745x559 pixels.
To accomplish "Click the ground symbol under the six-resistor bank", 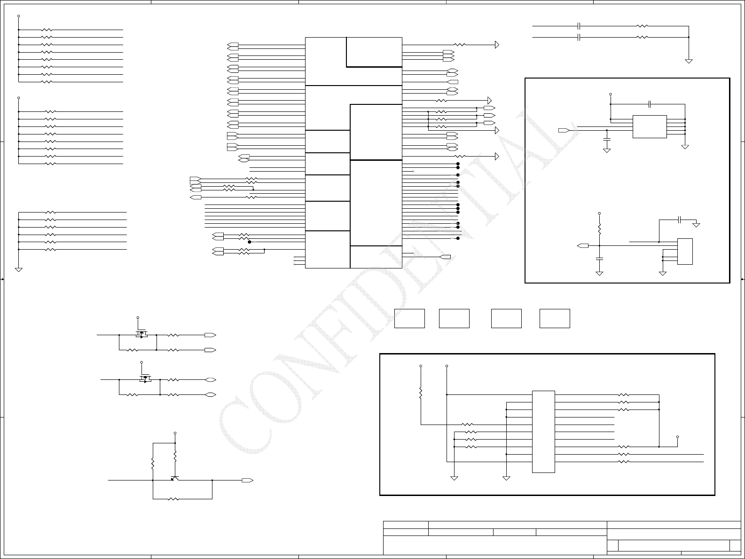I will (x=19, y=269).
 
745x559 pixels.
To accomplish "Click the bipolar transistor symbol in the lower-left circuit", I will (x=175, y=478).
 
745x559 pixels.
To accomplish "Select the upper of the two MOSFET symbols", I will (x=141, y=335).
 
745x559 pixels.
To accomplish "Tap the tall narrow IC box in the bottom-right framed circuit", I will (x=543, y=432).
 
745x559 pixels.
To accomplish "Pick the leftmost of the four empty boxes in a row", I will (x=409, y=318).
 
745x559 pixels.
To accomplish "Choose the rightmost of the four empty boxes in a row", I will (x=555, y=318).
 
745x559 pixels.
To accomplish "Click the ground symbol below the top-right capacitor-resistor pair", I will (x=689, y=61).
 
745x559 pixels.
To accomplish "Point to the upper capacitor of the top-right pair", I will (x=579, y=26).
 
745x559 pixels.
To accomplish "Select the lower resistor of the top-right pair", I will (x=642, y=37).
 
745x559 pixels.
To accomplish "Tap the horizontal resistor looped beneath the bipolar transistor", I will (x=173, y=498).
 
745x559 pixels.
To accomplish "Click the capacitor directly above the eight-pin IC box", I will (x=649, y=104).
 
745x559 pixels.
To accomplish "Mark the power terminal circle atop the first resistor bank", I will (x=19, y=16).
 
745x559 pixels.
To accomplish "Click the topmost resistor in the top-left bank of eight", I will (x=47, y=30).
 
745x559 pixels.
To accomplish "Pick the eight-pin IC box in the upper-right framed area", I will (x=650, y=126).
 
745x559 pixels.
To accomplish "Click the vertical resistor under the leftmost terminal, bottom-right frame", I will (x=421, y=393).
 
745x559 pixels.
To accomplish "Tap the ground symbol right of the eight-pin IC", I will (x=685, y=147).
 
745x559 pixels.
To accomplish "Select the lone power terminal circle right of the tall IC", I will (x=677, y=437).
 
